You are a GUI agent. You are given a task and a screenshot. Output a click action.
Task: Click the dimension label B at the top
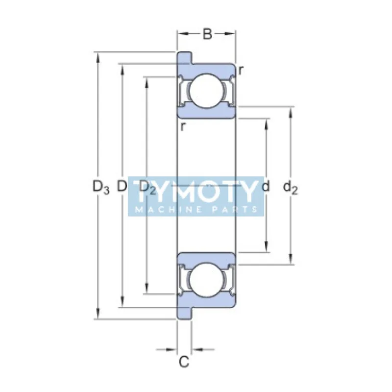207,34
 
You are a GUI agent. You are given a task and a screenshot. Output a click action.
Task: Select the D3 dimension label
100,187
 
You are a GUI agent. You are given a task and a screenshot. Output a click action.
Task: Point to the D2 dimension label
147,187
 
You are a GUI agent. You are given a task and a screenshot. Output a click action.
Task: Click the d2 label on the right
291,187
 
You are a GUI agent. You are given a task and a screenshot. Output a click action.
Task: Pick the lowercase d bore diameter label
266,187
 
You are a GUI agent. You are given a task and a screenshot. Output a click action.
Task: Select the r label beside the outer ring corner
241,71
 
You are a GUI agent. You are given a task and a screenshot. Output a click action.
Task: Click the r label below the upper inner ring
182,127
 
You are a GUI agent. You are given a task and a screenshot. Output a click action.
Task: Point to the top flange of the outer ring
184,57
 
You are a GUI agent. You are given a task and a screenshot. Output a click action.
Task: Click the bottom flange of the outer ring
184,313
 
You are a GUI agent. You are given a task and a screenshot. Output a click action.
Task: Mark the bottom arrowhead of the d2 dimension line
292,260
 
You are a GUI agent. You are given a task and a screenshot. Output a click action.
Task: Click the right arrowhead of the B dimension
233,34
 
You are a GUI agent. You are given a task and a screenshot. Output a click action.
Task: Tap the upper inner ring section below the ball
206,112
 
